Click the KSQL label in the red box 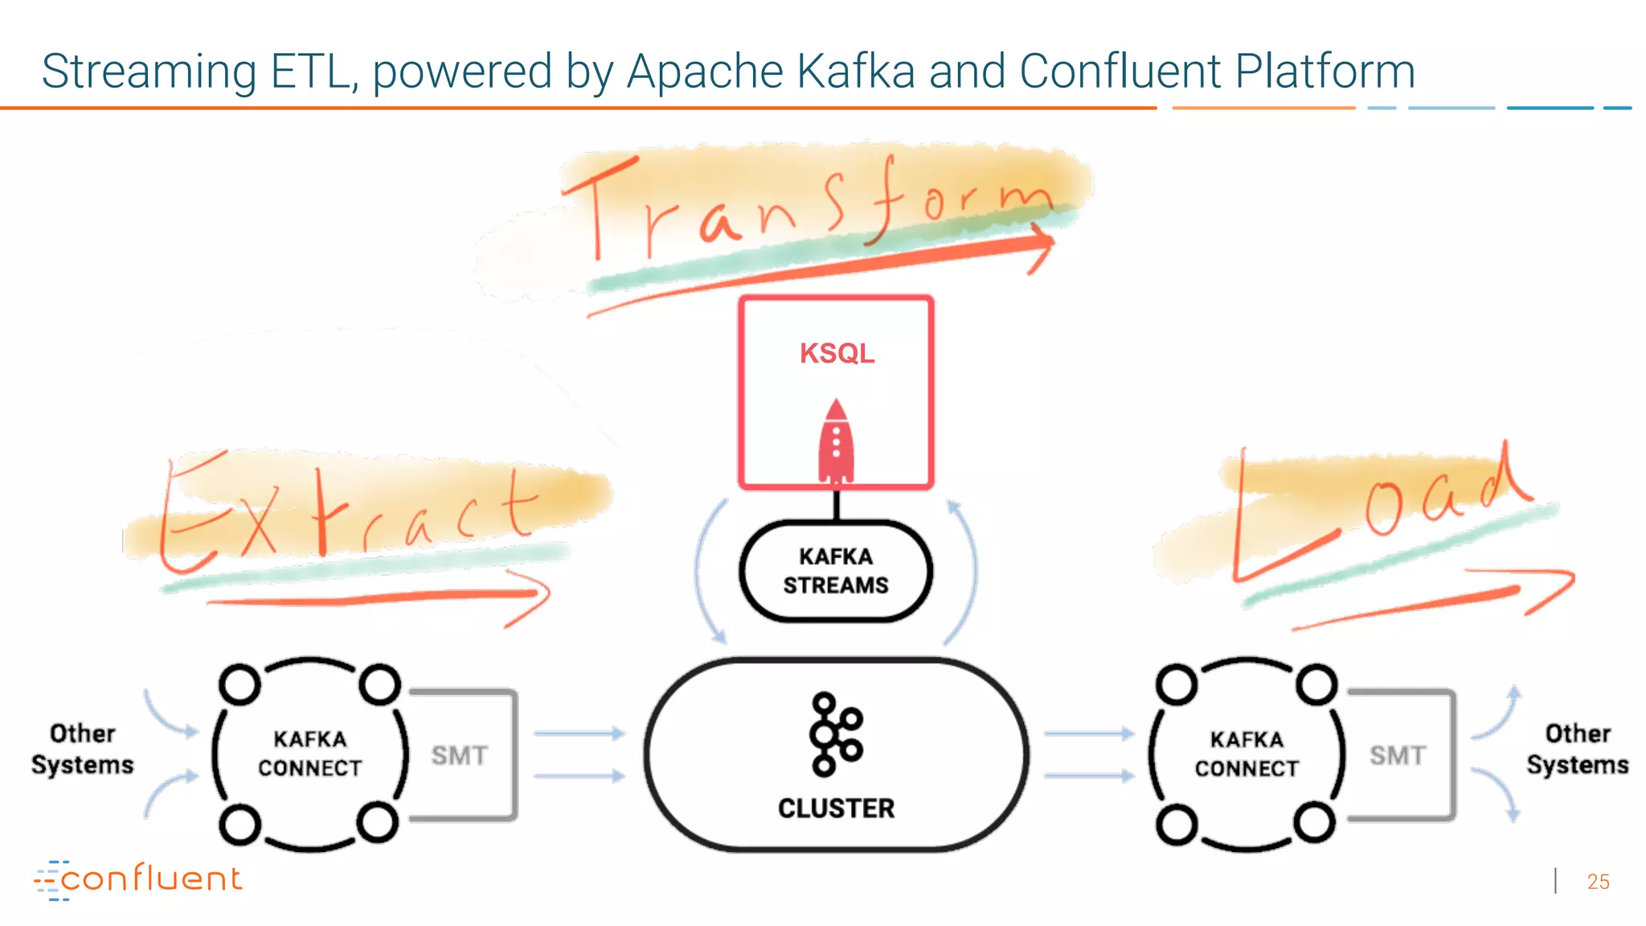[837, 354]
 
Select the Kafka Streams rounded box [836, 571]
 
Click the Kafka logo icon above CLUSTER [835, 734]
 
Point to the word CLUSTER [836, 808]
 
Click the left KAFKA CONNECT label [310, 753]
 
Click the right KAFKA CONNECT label [1247, 753]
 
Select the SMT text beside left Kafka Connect [460, 756]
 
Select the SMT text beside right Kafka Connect [1398, 756]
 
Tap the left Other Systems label [83, 748]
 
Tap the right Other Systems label [1577, 748]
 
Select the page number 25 [1598, 882]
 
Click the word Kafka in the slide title [856, 71]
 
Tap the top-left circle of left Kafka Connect [240, 684]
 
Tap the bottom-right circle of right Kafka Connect [1315, 822]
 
